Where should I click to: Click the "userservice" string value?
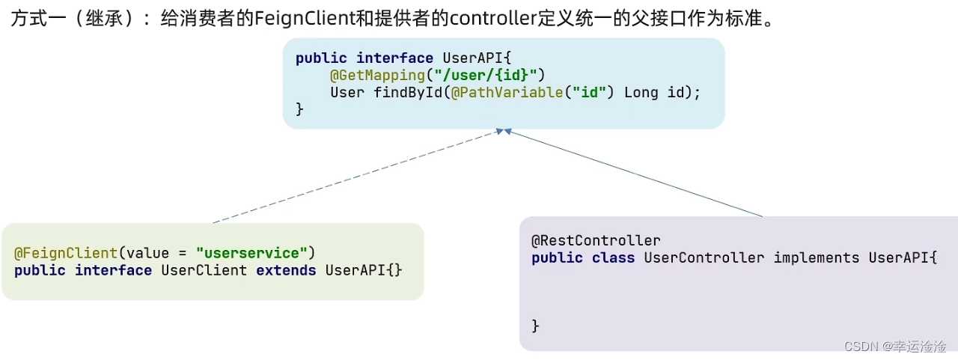[252, 253]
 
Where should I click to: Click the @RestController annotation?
[596, 240]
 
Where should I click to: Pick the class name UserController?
[704, 257]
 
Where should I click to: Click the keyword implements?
[817, 257]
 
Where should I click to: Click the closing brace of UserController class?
[535, 326]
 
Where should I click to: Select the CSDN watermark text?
[894, 346]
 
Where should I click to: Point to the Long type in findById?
[641, 93]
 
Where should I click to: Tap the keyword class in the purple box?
[613, 257]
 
